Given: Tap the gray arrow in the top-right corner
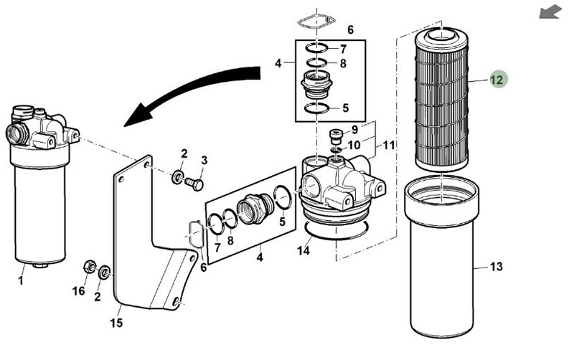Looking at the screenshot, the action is [x=550, y=13].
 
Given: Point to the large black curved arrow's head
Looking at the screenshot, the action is [x=138, y=115].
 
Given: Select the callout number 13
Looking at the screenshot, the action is [x=496, y=267].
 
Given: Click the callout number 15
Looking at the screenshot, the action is [x=116, y=323].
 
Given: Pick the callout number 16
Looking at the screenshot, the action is [x=78, y=291].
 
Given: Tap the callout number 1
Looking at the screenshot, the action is [x=21, y=281].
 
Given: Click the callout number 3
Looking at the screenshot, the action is [x=204, y=160].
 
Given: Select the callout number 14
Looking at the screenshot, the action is [x=303, y=250].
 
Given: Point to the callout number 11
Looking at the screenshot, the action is [x=389, y=146].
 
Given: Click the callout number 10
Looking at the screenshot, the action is [x=354, y=146].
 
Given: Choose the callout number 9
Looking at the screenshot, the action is [x=354, y=130].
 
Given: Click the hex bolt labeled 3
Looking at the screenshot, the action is [x=194, y=184].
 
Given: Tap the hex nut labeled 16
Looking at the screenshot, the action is [x=90, y=266].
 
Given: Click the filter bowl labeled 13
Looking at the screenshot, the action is [x=442, y=256].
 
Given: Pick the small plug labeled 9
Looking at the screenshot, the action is [x=336, y=136].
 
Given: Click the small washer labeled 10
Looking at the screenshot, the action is [x=336, y=150].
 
